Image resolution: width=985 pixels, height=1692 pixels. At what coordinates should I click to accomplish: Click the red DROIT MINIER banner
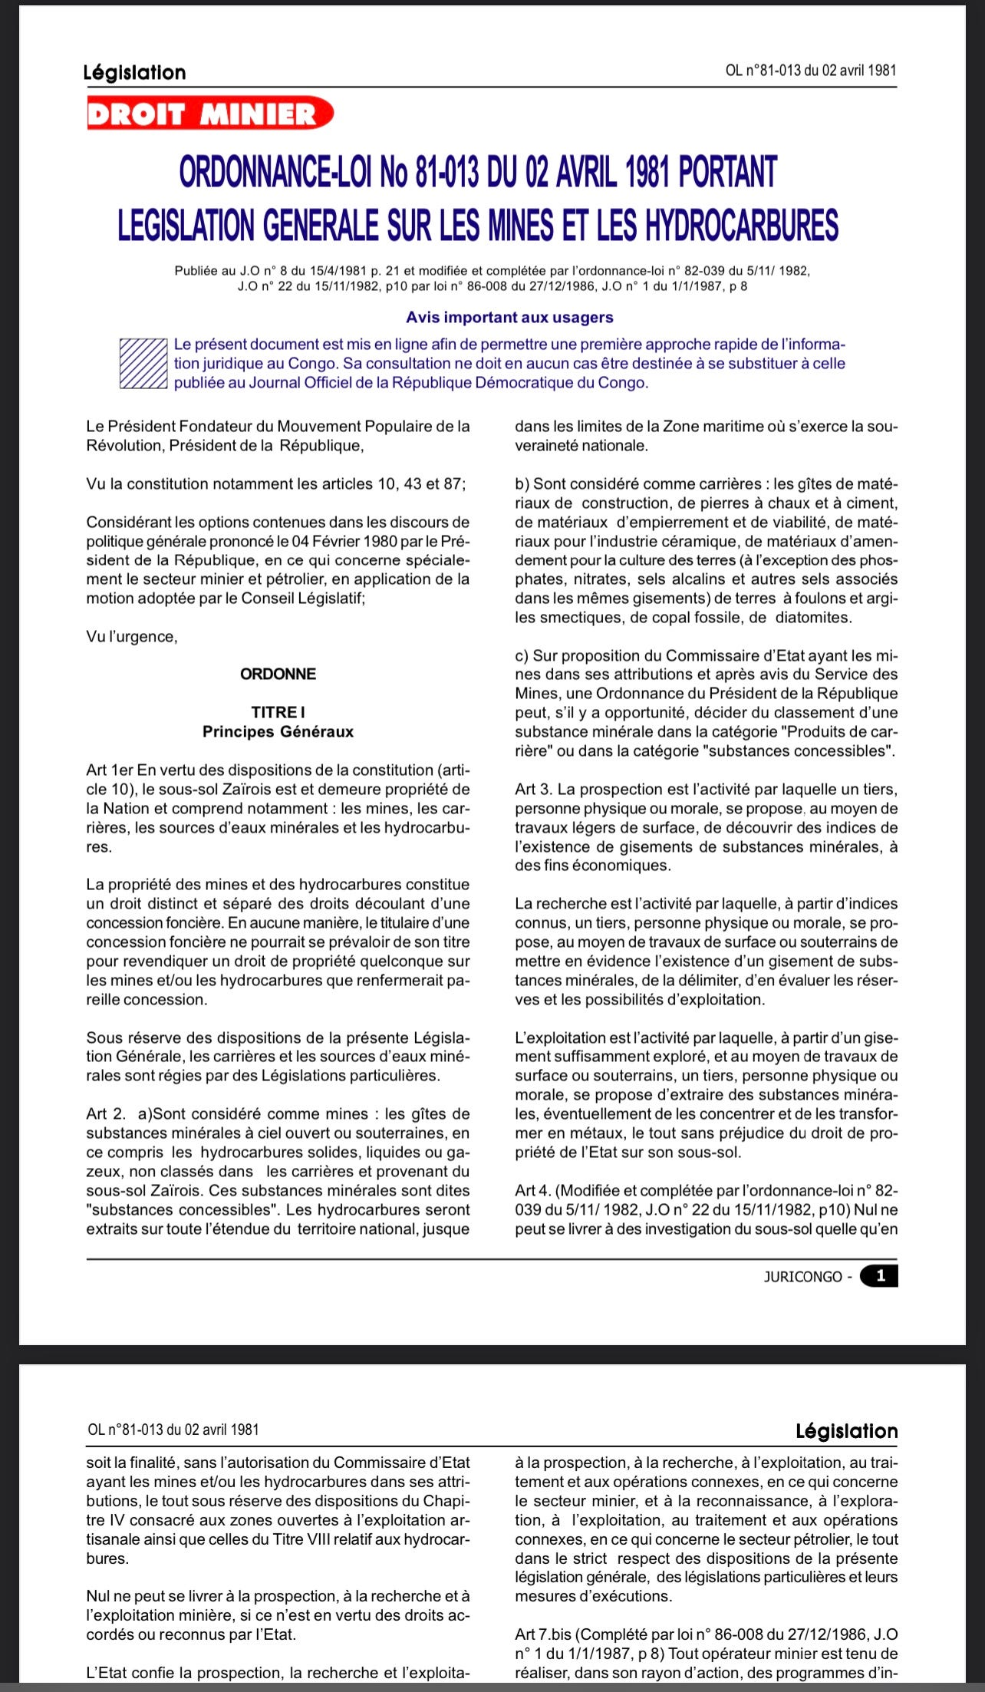(209, 114)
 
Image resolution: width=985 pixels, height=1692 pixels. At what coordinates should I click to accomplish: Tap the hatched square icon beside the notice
(143, 363)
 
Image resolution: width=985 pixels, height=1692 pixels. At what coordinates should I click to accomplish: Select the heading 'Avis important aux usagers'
(509, 317)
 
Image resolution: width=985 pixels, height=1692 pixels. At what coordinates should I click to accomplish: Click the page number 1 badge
(879, 1275)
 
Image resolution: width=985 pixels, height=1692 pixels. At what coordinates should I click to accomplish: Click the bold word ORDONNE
(278, 674)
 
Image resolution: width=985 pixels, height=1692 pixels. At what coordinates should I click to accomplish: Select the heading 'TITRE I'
(278, 712)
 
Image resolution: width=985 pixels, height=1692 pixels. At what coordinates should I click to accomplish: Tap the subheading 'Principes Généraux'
(278, 731)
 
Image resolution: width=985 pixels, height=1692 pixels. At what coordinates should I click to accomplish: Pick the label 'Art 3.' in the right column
(534, 789)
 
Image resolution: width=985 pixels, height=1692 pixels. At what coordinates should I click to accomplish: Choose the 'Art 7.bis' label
(543, 1634)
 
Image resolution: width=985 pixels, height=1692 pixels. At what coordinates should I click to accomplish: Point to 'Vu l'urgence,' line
(132, 636)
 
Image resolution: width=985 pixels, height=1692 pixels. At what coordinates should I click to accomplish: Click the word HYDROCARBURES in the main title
(741, 225)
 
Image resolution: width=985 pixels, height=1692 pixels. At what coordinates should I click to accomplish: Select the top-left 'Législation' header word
(134, 72)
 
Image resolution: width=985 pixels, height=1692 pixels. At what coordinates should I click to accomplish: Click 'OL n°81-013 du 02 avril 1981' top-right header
(810, 71)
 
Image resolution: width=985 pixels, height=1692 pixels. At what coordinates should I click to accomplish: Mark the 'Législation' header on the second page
(846, 1430)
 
